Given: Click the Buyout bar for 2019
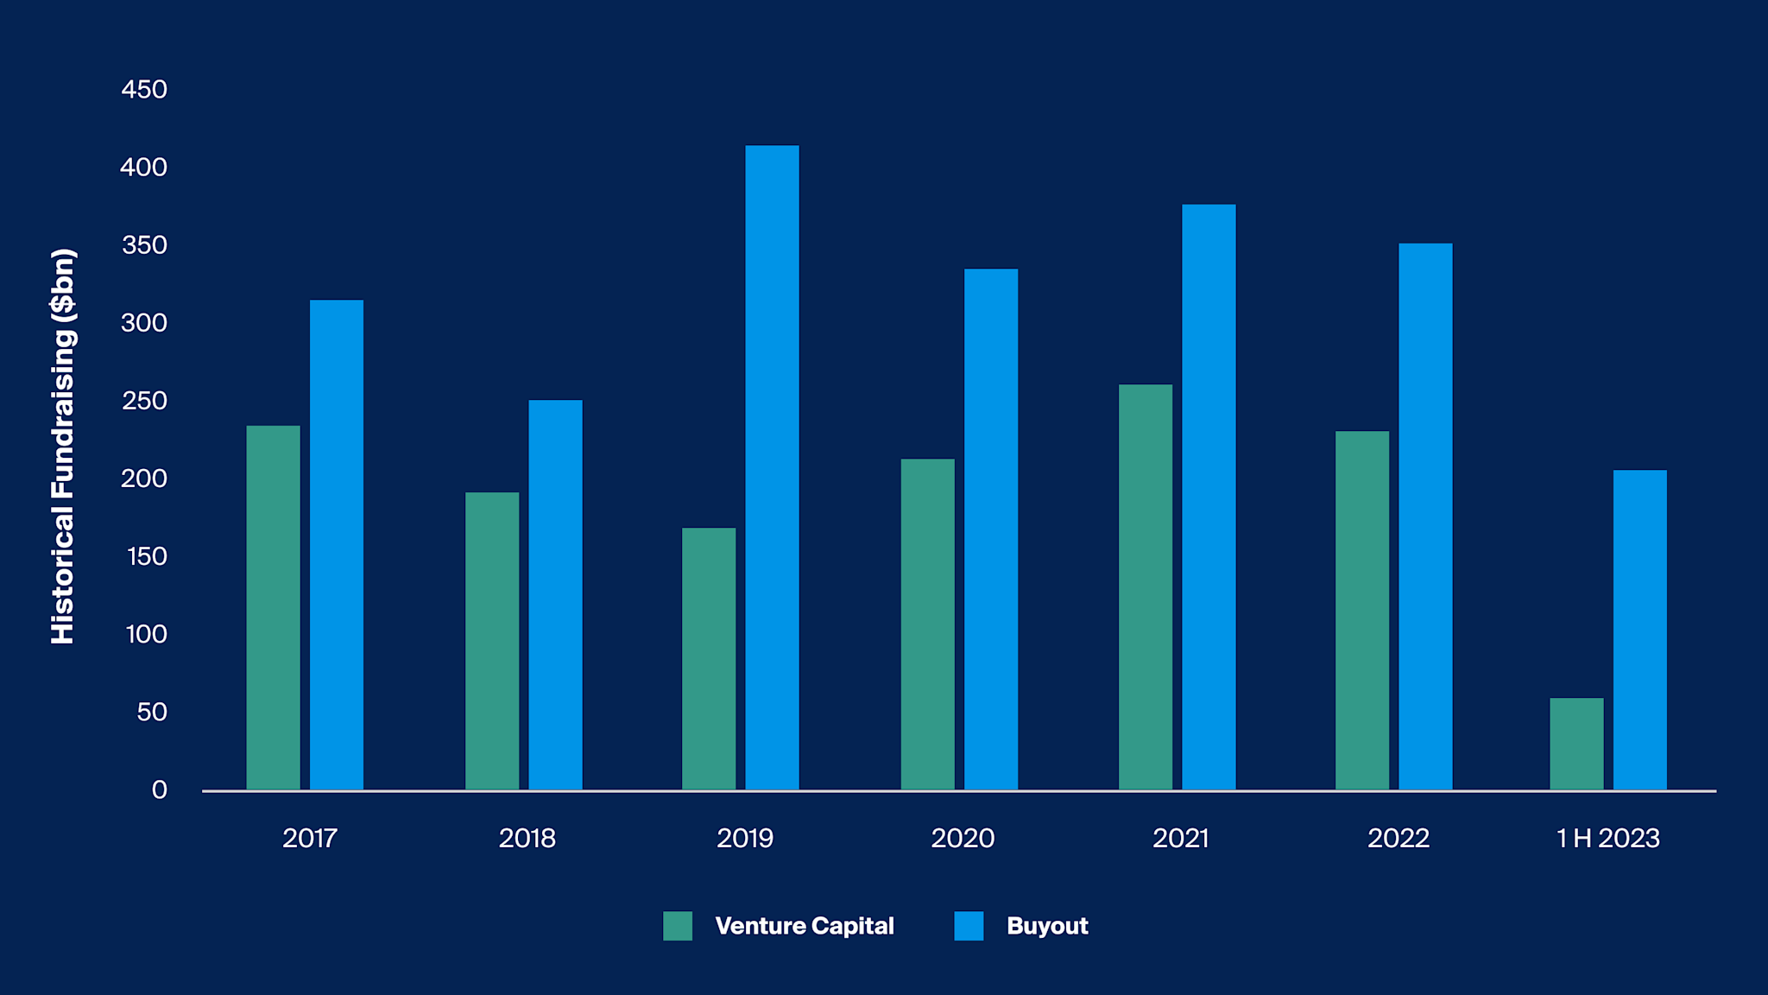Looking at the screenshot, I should pyautogui.click(x=772, y=466).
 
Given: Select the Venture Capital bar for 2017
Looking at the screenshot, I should pyautogui.click(x=273, y=607).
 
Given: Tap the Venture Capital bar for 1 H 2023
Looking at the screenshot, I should pyautogui.click(x=1576, y=744).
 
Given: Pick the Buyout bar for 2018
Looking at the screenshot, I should pyautogui.click(x=555, y=594).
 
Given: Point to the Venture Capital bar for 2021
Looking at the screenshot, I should pyautogui.click(x=1146, y=586).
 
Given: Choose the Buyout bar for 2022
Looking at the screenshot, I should pyautogui.click(x=1425, y=517).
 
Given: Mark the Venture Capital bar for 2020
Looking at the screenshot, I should pyautogui.click(x=928, y=624).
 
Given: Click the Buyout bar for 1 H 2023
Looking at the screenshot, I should pyautogui.click(x=1639, y=630).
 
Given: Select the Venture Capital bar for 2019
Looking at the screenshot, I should pyautogui.click(x=709, y=658).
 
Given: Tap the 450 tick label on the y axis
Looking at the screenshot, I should pyautogui.click(x=144, y=90).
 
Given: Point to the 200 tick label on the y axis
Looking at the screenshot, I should pyautogui.click(x=144, y=478).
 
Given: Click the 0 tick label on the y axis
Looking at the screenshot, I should pyautogui.click(x=159, y=789).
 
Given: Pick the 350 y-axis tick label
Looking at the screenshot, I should pyautogui.click(x=144, y=245).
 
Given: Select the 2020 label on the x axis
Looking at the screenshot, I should pyautogui.click(x=963, y=838).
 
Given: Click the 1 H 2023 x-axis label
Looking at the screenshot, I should pyautogui.click(x=1607, y=838).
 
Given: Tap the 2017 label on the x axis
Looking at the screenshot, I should pyautogui.click(x=309, y=838).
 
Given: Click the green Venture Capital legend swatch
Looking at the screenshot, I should pyautogui.click(x=678, y=926).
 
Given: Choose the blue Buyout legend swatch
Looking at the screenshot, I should pyautogui.click(x=969, y=926).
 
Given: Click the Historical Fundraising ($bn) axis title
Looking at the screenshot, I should pyautogui.click(x=63, y=446).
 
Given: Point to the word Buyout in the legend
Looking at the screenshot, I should pyautogui.click(x=1047, y=926).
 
